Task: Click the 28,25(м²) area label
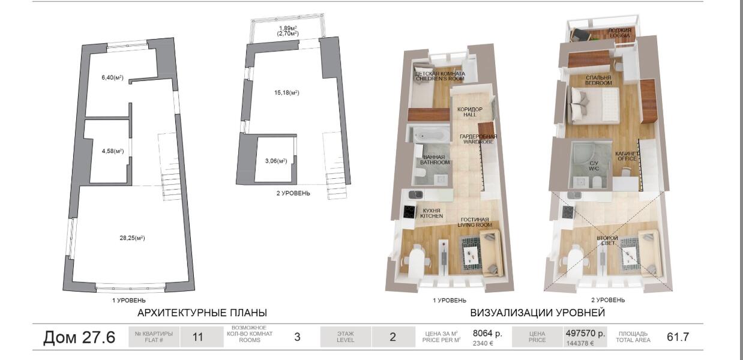click(133, 238)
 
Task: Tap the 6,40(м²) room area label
click(112, 77)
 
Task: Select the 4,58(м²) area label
click(113, 151)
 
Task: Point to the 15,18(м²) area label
click(287, 93)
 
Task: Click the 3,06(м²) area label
click(276, 161)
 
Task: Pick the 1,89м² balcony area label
click(287, 28)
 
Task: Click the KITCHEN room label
click(432, 216)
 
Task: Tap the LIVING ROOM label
click(475, 225)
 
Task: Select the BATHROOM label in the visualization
click(435, 163)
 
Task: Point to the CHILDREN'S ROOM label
click(440, 79)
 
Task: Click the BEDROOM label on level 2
click(598, 83)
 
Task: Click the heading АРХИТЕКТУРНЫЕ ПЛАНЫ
click(202, 313)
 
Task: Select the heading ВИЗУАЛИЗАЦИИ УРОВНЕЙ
click(538, 313)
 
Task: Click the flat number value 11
click(197, 337)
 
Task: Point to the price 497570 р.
click(585, 333)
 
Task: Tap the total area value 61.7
click(678, 337)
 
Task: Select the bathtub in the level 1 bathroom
click(430, 136)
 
